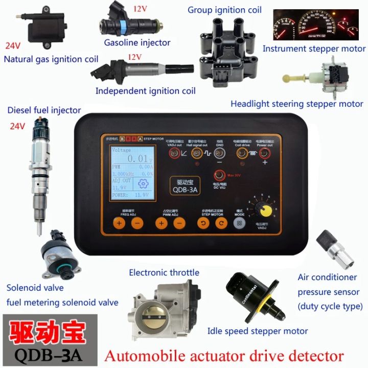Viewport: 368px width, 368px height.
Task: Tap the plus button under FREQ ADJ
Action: point(119,223)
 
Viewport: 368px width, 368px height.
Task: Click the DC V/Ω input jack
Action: point(220,175)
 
